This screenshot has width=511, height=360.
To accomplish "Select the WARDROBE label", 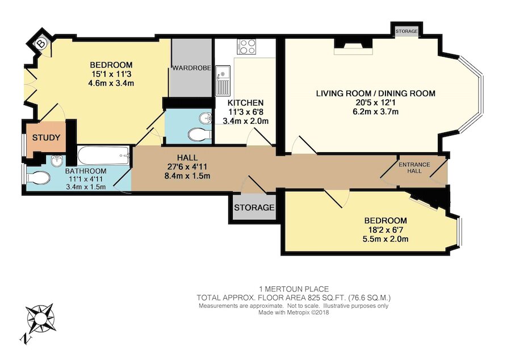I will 192,68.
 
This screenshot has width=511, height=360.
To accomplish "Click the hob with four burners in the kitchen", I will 248,46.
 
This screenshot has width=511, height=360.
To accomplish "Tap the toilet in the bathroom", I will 37,178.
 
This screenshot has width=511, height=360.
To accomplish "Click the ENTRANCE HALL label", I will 414,168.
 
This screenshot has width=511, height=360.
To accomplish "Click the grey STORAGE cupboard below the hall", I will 254,208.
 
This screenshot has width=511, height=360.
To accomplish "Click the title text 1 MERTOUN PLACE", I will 293,289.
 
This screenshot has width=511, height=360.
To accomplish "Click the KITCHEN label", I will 245,103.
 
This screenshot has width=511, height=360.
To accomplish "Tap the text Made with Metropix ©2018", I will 293,312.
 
